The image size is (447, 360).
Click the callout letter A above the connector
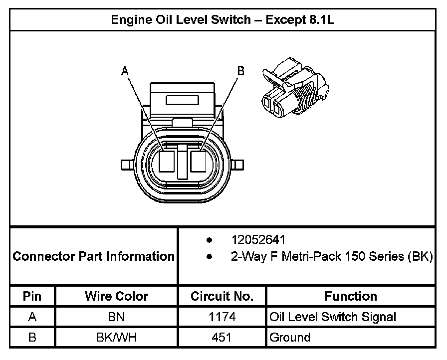(125, 72)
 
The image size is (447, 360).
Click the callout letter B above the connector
(241, 71)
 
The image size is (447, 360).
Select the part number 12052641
(257, 240)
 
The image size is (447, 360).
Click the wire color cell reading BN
(116, 317)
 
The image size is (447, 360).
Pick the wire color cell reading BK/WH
(116, 337)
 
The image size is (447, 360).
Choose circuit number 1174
(222, 317)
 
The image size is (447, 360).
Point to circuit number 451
(222, 337)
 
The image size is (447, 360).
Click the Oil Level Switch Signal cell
(333, 317)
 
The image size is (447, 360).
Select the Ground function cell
(290, 337)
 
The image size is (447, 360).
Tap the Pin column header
(32, 296)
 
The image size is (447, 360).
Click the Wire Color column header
(116, 296)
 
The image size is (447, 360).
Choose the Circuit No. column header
(222, 296)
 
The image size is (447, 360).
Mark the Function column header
(351, 296)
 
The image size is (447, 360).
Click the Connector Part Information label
(93, 256)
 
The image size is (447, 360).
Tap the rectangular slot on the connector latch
(183, 100)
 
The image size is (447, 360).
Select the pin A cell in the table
(32, 317)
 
